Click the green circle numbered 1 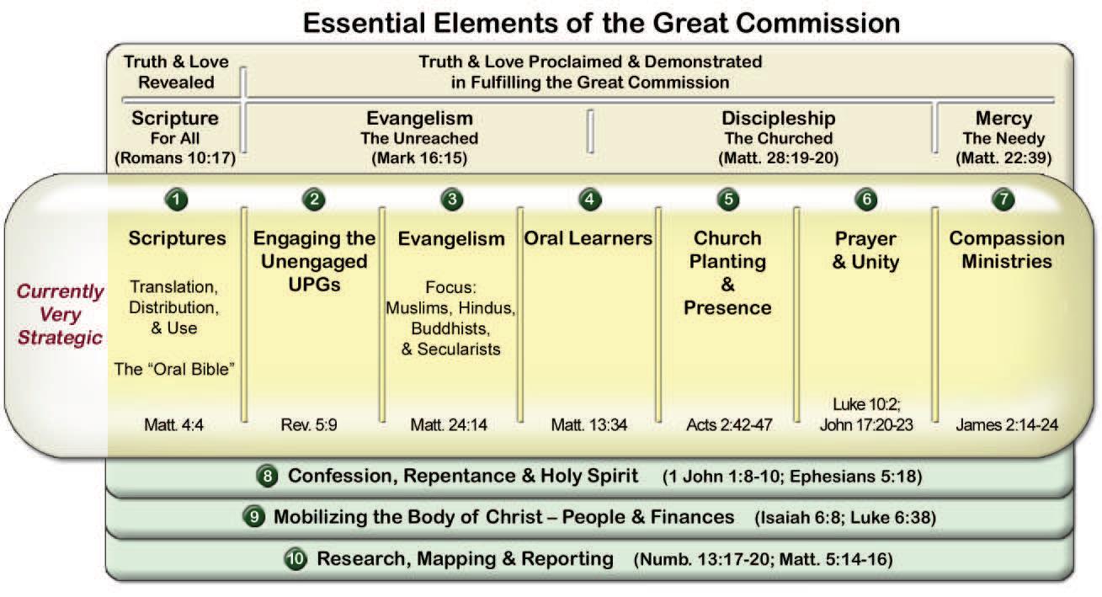point(177,200)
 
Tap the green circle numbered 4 point(590,200)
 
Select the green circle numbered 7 point(1004,200)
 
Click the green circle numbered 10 point(295,558)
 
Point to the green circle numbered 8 point(268,476)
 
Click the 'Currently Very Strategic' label point(60,314)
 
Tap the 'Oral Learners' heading point(588,238)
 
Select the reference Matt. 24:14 point(449,424)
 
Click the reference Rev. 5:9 point(309,424)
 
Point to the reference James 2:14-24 point(1007,424)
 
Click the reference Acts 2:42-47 point(729,424)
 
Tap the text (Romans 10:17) point(175,158)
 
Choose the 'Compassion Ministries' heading point(1007,249)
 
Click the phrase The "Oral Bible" point(174,369)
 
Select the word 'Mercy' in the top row point(1004,118)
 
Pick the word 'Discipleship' point(778,118)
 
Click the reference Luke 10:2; point(866,403)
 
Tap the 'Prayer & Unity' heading point(865,250)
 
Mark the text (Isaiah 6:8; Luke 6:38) point(845,517)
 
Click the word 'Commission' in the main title point(807,23)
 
